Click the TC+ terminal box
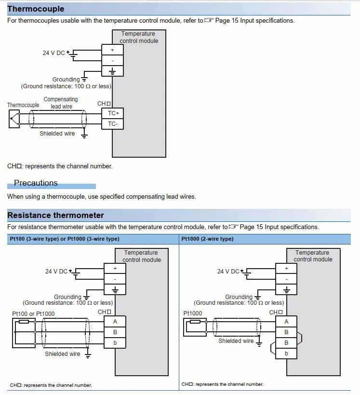tap(113, 113)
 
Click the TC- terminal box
tap(113, 124)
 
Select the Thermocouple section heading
tap(36, 9)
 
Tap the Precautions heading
tap(36, 183)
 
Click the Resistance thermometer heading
tap(55, 215)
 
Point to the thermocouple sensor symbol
tap(14, 118)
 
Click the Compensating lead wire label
tap(61, 103)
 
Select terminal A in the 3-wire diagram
tap(115, 321)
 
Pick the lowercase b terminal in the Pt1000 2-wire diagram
tap(286, 354)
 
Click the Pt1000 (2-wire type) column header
tap(207, 239)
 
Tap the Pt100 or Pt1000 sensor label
tap(33, 313)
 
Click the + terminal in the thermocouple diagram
tap(113, 50)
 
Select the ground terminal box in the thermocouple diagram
tap(113, 71)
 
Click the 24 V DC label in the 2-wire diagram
tap(228, 272)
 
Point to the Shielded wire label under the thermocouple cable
tap(57, 134)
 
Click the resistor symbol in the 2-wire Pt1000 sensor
tap(195, 322)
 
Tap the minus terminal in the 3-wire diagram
tap(115, 279)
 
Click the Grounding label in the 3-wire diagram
tap(67, 297)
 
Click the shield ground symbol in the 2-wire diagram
tap(259, 341)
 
